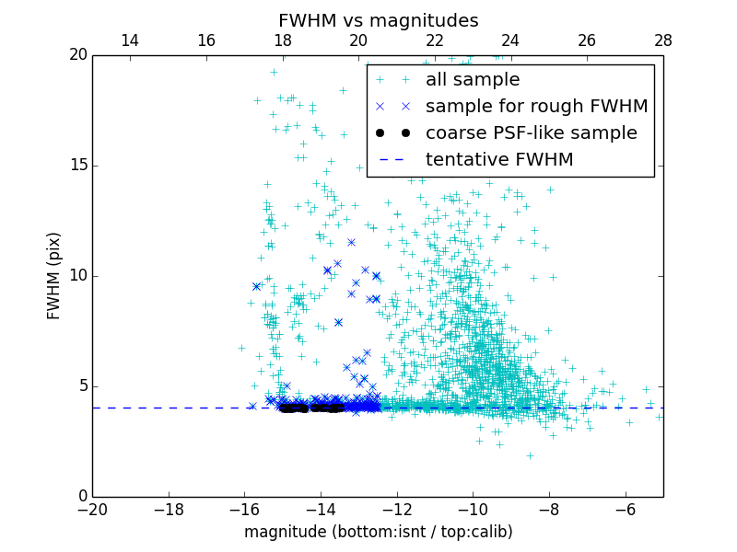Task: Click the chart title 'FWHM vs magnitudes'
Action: (378, 20)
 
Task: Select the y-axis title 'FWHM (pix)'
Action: (54, 276)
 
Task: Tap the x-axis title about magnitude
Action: (378, 532)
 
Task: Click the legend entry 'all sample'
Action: (473, 80)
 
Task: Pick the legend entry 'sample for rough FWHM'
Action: (536, 107)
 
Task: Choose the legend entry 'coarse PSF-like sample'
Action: (531, 133)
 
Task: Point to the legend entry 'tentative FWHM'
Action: (499, 160)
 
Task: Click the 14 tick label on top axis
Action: (130, 40)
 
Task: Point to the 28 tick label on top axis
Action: (662, 40)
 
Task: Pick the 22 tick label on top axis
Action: (435, 40)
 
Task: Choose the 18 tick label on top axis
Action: (282, 40)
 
